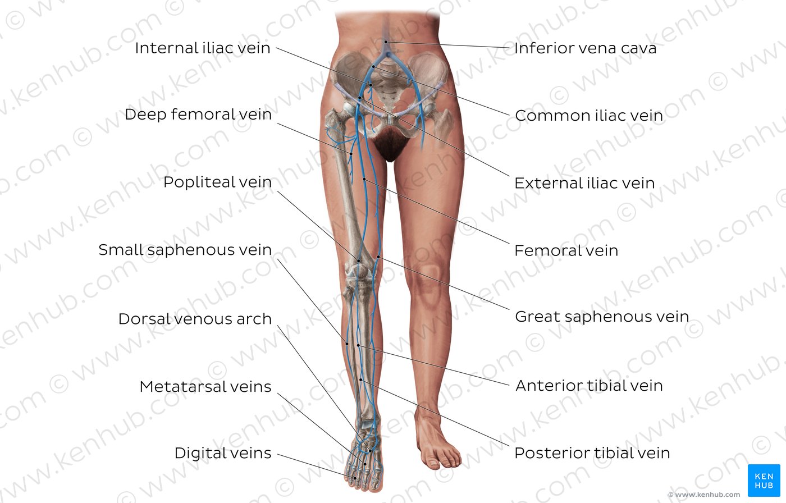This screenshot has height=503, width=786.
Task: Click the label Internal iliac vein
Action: [x=203, y=48]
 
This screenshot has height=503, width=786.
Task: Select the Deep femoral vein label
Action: [x=198, y=115]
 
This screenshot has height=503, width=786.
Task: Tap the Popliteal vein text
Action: [x=218, y=182]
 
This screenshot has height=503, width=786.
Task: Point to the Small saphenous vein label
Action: [x=185, y=250]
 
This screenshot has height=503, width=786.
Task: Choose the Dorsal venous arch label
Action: [x=195, y=319]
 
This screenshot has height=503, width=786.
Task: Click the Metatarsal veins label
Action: [x=205, y=387]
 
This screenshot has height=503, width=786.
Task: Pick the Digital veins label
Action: [x=223, y=453]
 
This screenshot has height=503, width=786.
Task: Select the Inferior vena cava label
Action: [x=585, y=48]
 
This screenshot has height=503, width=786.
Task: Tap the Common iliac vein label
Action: [x=589, y=116]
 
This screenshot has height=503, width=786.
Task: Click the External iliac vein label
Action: [x=584, y=183]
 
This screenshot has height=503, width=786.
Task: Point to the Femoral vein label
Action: [x=566, y=250]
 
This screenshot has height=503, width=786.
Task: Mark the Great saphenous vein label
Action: [x=602, y=317]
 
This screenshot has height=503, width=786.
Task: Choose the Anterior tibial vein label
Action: [x=589, y=386]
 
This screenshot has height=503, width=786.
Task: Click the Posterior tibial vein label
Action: [x=592, y=453]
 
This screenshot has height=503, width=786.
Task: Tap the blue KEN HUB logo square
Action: [x=764, y=480]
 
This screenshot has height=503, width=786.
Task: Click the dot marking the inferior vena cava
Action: [x=386, y=42]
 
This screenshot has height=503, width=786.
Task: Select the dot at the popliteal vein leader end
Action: [x=359, y=260]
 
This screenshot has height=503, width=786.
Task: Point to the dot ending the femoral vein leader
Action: [x=364, y=179]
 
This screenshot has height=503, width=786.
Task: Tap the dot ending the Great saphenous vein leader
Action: [x=378, y=257]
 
